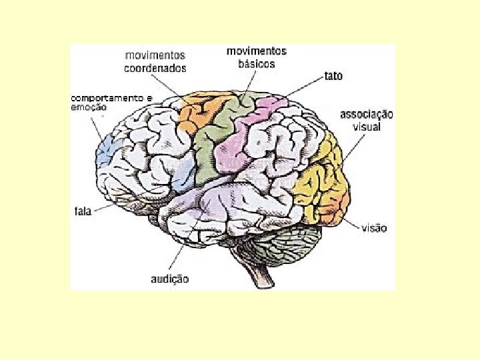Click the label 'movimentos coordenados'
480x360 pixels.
pos(155,61)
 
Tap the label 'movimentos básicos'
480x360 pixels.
pos(257,57)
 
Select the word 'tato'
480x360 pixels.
pos(333,76)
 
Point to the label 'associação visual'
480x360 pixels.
pos(367,120)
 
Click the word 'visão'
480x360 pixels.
pos(373,228)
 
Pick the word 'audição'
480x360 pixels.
pos(169,279)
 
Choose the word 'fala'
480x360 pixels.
pos(83,212)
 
